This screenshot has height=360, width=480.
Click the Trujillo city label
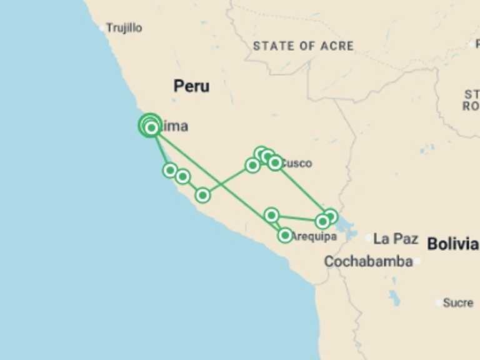[124, 28]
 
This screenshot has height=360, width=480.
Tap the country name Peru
[191, 86]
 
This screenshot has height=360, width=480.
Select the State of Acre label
[303, 46]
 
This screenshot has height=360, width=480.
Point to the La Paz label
[395, 239]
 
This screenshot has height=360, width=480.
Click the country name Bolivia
[452, 244]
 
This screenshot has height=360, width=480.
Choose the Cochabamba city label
[368, 261]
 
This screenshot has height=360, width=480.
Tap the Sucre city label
[458, 302]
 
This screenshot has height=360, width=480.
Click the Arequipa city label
[314, 237]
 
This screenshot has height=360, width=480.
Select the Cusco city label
[296, 164]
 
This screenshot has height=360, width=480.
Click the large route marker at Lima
[150, 126]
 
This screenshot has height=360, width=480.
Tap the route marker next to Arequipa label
[285, 236]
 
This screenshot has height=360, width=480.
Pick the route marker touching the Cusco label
[275, 163]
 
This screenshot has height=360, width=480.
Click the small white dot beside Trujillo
[102, 28]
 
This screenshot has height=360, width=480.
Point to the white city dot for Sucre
[439, 302]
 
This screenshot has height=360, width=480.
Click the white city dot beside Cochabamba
[417, 261]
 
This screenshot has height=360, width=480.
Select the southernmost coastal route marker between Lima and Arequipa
[202, 195]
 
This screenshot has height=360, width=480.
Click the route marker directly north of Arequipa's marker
[271, 215]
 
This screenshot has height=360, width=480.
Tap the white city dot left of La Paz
[369, 238]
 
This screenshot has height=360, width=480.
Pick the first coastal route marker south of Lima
[169, 170]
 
